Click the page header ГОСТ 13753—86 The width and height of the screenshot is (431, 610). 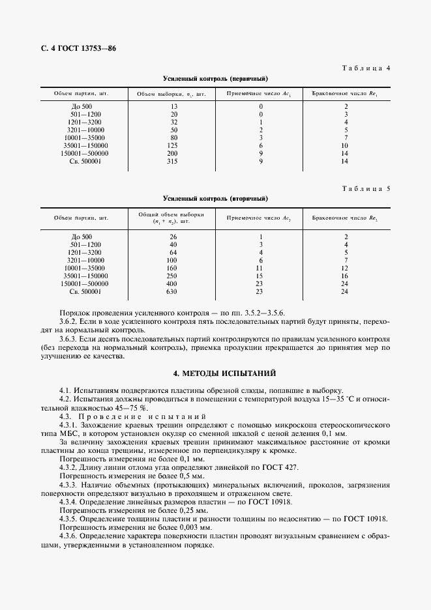pos(71,49)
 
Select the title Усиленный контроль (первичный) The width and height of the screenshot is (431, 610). pos(216,78)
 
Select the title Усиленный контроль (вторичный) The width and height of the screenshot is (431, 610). pos(216,198)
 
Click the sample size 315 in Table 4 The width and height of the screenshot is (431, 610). pos(173,161)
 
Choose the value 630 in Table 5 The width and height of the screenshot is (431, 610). pos(173,291)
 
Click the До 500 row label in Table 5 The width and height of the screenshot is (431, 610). pos(82,237)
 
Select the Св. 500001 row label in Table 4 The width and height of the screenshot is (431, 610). pos(82,161)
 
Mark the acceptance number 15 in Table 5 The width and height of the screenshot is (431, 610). pos(260,276)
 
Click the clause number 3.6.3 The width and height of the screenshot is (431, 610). pos(68,340)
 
